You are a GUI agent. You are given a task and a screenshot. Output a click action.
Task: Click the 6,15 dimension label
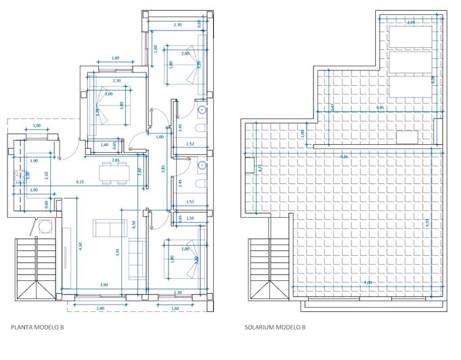80,182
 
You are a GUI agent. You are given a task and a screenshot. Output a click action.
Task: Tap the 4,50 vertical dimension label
81,247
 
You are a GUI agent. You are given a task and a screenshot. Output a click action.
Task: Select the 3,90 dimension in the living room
103,286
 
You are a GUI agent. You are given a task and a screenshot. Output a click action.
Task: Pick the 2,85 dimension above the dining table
116,160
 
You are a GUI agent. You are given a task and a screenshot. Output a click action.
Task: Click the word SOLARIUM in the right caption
261,327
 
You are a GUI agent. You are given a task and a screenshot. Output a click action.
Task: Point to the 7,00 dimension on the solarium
366,282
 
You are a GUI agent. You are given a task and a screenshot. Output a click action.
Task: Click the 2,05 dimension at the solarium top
410,22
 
